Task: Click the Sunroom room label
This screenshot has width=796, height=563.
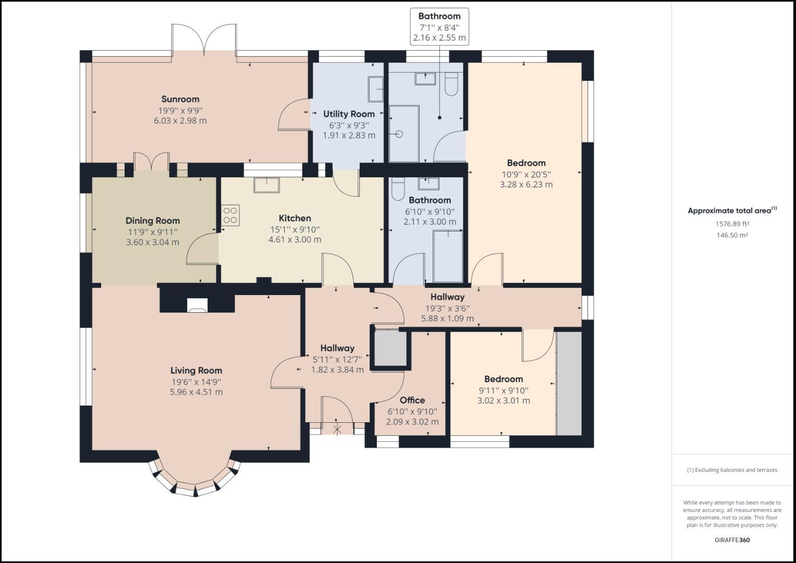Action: pyautogui.click(x=180, y=99)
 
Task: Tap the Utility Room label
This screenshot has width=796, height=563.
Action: pyautogui.click(x=349, y=114)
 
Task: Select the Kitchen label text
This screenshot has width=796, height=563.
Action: pyautogui.click(x=295, y=218)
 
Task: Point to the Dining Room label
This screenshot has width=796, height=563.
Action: pyautogui.click(x=152, y=221)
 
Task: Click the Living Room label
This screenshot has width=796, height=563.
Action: pyautogui.click(x=196, y=371)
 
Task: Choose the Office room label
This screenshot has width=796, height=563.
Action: pyautogui.click(x=412, y=400)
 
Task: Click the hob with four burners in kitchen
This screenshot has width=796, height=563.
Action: pyautogui.click(x=230, y=215)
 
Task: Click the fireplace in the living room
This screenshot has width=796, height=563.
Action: pyautogui.click(x=197, y=305)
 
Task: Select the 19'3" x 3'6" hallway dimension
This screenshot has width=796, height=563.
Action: pyautogui.click(x=447, y=308)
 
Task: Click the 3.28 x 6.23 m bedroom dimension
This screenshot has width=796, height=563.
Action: pyautogui.click(x=526, y=185)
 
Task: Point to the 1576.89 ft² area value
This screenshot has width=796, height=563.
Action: pyautogui.click(x=732, y=224)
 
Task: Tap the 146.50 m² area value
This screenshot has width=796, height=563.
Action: pyautogui.click(x=732, y=235)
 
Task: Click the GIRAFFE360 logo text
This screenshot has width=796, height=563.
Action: pyautogui.click(x=732, y=540)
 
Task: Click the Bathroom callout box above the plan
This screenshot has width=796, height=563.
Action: pyautogui.click(x=439, y=27)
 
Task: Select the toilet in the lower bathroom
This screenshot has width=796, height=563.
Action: pyautogui.click(x=398, y=189)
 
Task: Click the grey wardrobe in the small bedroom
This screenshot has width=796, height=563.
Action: pyautogui.click(x=569, y=383)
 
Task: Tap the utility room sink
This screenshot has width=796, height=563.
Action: pyautogui.click(x=376, y=89)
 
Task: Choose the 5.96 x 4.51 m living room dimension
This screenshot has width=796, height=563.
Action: pyautogui.click(x=196, y=392)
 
